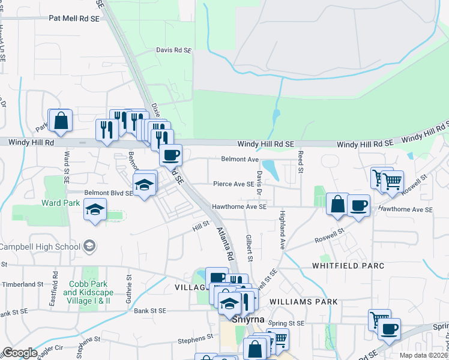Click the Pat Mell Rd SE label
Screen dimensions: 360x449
click(75, 19)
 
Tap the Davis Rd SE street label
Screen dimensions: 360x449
click(173, 51)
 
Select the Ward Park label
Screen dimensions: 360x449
click(61, 203)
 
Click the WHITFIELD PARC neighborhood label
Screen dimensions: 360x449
click(343, 265)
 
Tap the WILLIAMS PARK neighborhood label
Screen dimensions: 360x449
click(304, 301)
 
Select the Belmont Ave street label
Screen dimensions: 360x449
click(240, 160)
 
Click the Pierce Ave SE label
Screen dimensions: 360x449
click(234, 184)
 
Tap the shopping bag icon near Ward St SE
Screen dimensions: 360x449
click(61, 121)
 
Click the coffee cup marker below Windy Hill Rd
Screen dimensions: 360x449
click(170, 155)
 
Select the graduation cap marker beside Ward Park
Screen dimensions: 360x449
click(95, 210)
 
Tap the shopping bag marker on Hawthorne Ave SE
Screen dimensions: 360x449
click(337, 203)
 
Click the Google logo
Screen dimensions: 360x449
click(20, 353)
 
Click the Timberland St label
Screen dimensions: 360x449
click(23, 284)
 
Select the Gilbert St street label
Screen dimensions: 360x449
click(249, 247)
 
